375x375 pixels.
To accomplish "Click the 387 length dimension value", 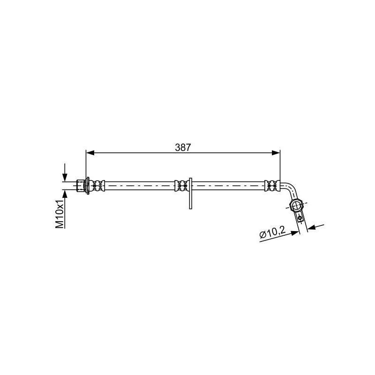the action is (183, 148).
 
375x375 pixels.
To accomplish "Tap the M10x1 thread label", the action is (60, 214).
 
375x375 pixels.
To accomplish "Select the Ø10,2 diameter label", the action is (272, 232).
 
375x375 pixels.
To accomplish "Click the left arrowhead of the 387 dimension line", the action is (90, 153).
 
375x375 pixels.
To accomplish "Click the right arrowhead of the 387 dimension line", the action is (276, 153).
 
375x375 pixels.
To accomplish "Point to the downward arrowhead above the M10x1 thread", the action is (65, 178).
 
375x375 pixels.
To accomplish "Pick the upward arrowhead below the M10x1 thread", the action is (65, 194).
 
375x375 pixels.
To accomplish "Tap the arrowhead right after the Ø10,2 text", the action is (295, 232).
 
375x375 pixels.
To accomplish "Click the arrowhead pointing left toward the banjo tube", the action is (311, 228).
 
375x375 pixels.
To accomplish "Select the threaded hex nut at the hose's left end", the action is (81, 186).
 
